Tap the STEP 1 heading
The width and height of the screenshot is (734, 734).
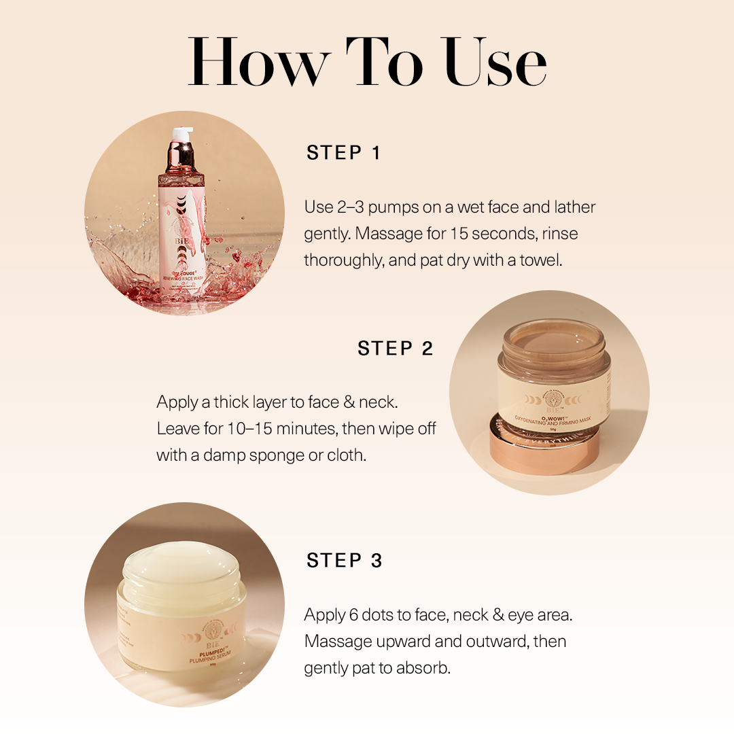tap(343, 153)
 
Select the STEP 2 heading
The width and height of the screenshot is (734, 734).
tap(395, 349)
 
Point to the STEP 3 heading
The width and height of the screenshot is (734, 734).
tap(344, 561)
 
